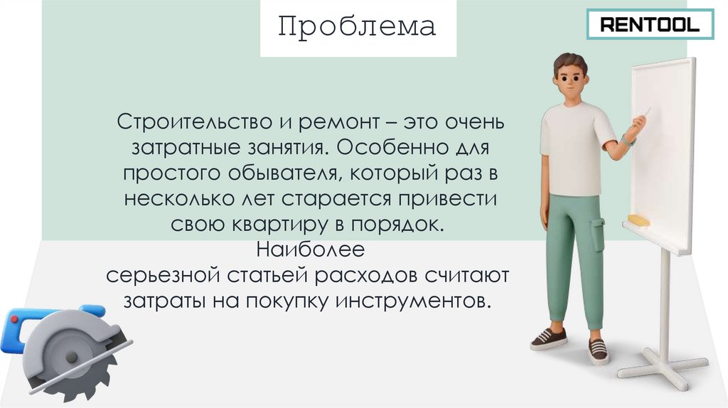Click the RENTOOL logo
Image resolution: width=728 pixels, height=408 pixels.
click(650, 26)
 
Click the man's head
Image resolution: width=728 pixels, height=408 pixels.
click(571, 74)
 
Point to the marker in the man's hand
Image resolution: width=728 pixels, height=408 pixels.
click(646, 113)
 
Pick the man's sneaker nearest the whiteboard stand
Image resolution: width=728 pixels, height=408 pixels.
click(598, 348)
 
